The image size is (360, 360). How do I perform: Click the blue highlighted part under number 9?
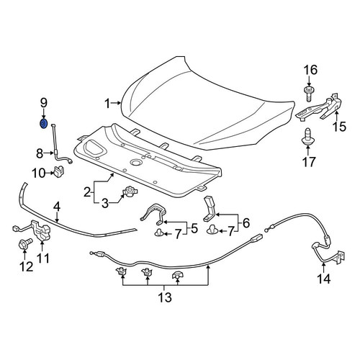coord(43,124)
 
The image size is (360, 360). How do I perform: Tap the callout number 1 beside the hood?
coord(107,104)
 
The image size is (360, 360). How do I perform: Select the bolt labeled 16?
coord(309,94)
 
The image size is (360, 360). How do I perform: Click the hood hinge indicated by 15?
coord(319,107)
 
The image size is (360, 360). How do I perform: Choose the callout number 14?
coord(324,279)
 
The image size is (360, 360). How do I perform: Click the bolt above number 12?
coord(24,243)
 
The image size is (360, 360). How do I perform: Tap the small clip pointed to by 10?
coord(59,171)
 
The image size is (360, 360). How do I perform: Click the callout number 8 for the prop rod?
coord(40,153)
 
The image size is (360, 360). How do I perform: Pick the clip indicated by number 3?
coord(130,192)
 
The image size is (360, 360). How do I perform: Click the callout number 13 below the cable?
coord(165,297)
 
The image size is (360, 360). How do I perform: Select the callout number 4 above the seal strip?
coord(57,207)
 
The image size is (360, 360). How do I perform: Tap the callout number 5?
coord(194,228)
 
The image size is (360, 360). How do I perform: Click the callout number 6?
coord(246,222)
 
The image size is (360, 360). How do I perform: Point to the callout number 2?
coord(87,192)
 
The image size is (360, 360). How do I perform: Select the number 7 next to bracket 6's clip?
coord(230,232)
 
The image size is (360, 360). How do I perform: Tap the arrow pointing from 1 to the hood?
coord(116,104)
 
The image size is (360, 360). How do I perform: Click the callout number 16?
coord(310,70)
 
